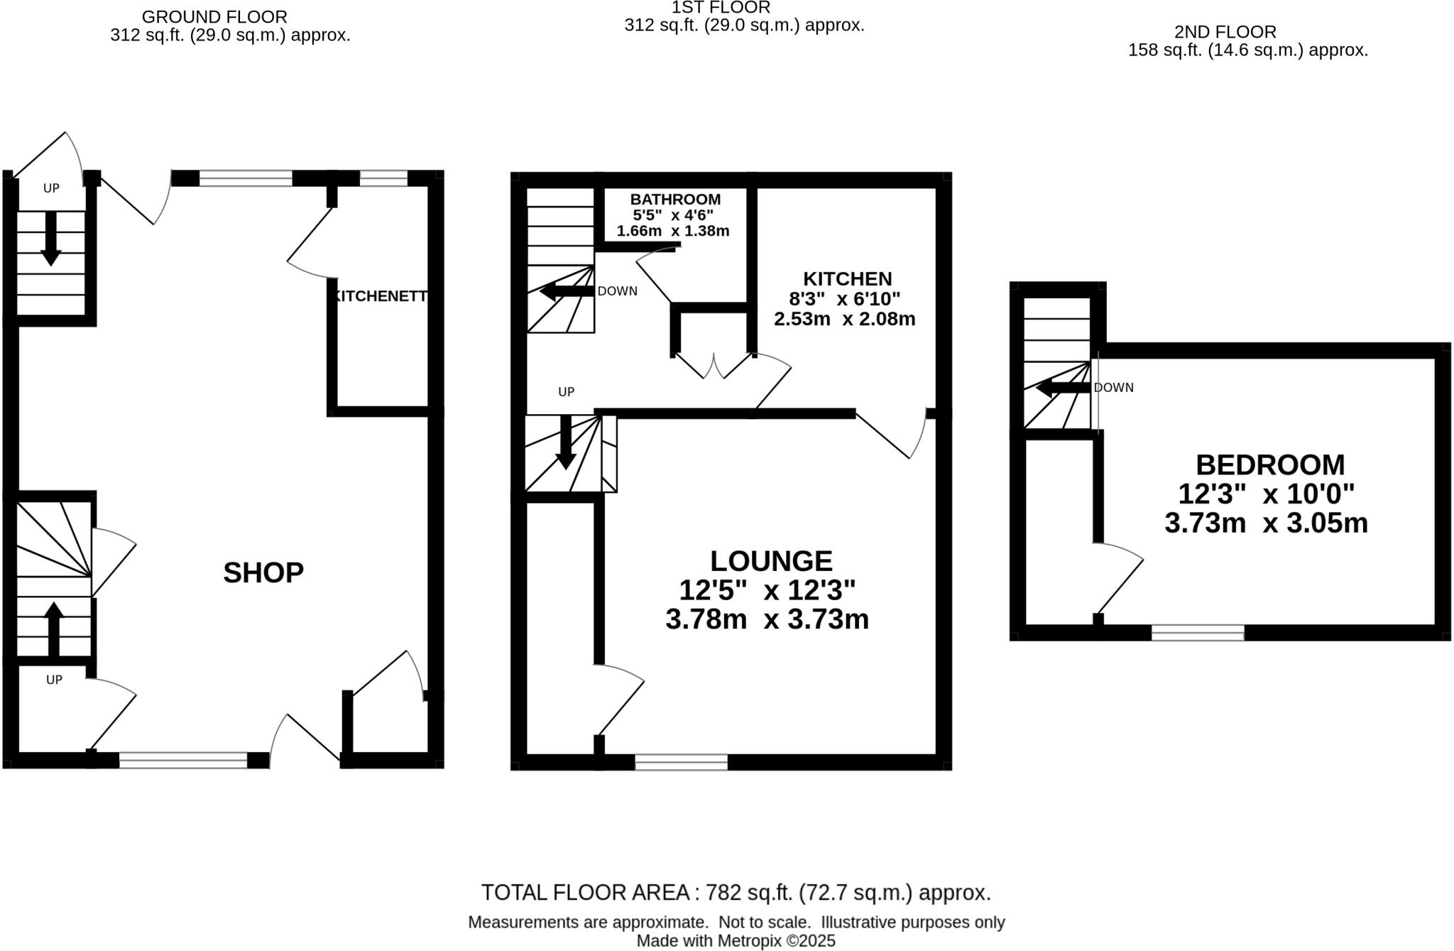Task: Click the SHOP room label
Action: pyautogui.click(x=263, y=572)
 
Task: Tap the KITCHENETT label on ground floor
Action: pyautogui.click(x=380, y=296)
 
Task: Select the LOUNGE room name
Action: pyautogui.click(x=771, y=561)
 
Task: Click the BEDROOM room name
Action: pyautogui.click(x=1270, y=465)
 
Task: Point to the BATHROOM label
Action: pyautogui.click(x=675, y=200)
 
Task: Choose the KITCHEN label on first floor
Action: pyautogui.click(x=847, y=278)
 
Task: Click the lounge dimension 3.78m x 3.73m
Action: pyautogui.click(x=767, y=619)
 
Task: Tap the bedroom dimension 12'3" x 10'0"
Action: pyautogui.click(x=1266, y=494)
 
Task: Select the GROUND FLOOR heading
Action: pyautogui.click(x=214, y=16)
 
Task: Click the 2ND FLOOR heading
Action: pyautogui.click(x=1225, y=32)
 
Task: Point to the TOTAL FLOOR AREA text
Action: pyautogui.click(x=736, y=893)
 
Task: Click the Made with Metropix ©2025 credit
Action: pyautogui.click(x=736, y=941)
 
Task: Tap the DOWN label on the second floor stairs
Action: pyautogui.click(x=1113, y=388)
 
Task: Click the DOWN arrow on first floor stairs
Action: pyautogui.click(x=566, y=291)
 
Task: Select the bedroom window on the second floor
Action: pyautogui.click(x=1197, y=633)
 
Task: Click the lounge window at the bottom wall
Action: pyautogui.click(x=681, y=762)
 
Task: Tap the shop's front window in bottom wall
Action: pyautogui.click(x=183, y=761)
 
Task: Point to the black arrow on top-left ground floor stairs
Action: pyautogui.click(x=50, y=239)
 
